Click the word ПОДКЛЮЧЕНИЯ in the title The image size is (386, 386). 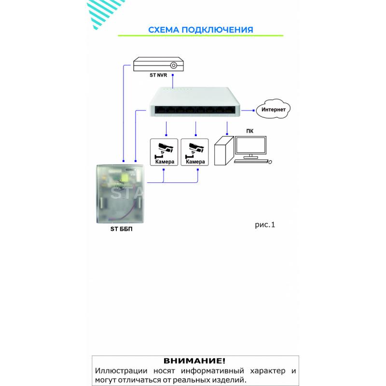click(x=218, y=30)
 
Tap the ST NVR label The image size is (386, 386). click(x=158, y=75)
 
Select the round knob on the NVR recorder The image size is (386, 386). click(x=174, y=65)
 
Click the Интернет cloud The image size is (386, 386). click(x=273, y=109)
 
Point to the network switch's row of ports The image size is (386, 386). click(x=194, y=110)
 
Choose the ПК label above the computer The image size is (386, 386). click(x=249, y=131)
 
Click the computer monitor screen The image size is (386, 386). click(x=250, y=145)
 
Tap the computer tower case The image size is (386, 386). click(x=224, y=151)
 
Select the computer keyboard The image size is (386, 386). click(x=251, y=161)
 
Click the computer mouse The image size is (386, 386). click(x=270, y=162)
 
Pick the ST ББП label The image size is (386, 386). click(x=122, y=229)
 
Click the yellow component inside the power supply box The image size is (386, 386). click(x=124, y=178)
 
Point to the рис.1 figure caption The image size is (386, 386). click(x=265, y=225)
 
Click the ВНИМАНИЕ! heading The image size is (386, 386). click(x=194, y=361)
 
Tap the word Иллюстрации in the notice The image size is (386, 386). click(x=121, y=371)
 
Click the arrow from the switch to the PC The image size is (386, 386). click(x=227, y=128)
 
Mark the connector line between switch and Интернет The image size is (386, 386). click(x=248, y=110)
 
